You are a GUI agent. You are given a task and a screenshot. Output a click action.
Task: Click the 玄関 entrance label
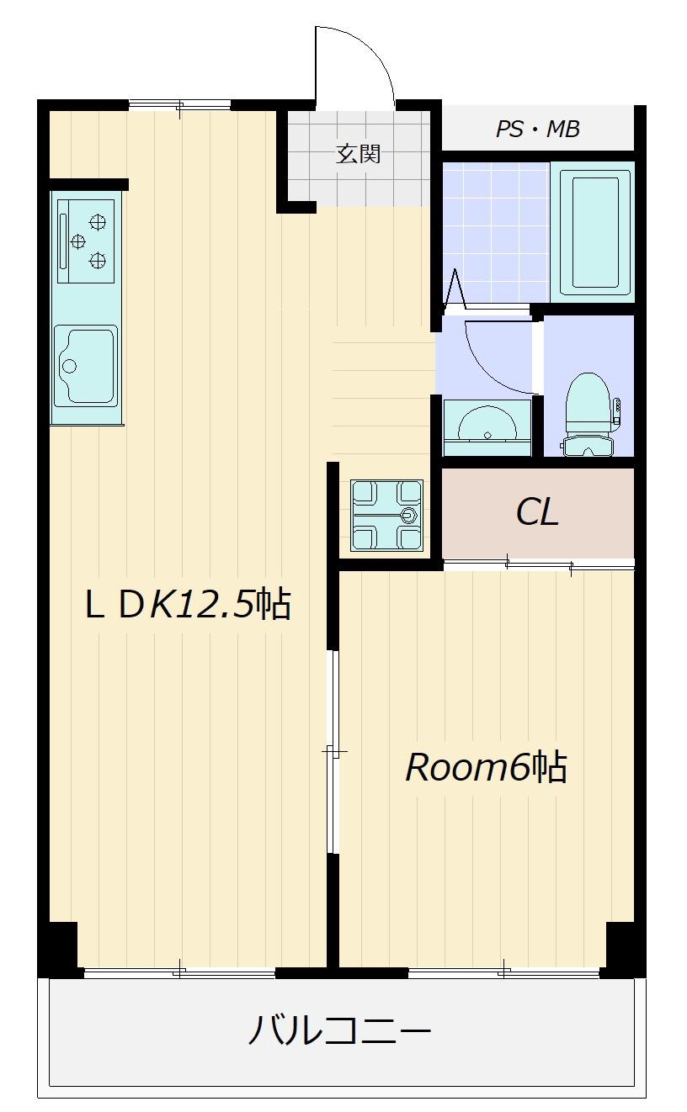(x=358, y=154)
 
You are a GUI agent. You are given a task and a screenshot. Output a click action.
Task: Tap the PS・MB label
(x=538, y=129)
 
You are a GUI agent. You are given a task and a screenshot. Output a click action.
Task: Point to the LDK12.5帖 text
(x=188, y=604)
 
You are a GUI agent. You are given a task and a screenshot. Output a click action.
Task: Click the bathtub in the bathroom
(x=592, y=232)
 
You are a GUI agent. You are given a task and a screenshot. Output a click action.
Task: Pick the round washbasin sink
(x=487, y=425)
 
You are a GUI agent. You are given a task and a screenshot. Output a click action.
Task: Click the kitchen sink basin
(x=86, y=366)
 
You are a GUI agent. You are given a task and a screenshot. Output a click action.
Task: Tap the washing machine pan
(x=387, y=515)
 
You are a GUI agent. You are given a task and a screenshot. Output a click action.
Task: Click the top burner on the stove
(x=98, y=222)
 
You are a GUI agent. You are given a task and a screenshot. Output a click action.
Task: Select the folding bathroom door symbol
(x=455, y=288)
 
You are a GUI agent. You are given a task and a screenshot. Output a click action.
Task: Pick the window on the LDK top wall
(x=180, y=105)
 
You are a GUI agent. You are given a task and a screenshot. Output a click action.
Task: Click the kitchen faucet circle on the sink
(x=70, y=367)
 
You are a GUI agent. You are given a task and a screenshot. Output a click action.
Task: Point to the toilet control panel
(x=617, y=412)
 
